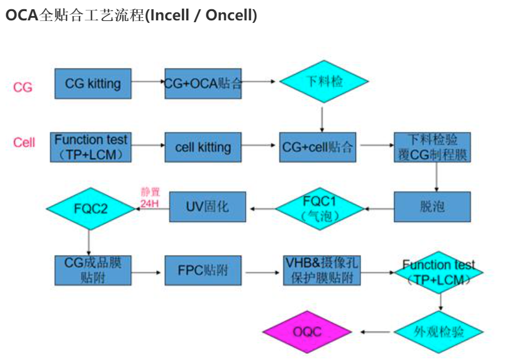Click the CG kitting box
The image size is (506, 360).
(x=93, y=83)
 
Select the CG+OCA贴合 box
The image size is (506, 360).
(x=203, y=83)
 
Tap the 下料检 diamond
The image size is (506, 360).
(x=323, y=81)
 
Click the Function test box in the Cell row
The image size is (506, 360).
(x=91, y=147)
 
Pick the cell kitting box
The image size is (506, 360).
(x=203, y=147)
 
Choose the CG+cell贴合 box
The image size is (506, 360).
(x=318, y=147)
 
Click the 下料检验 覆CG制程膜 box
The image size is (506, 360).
(x=432, y=147)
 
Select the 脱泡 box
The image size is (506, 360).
(x=432, y=206)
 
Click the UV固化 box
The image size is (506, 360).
(x=207, y=206)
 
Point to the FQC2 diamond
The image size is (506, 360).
(x=91, y=209)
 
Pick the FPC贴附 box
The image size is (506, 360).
(x=203, y=270)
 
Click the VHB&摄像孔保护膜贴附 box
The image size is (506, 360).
(x=321, y=270)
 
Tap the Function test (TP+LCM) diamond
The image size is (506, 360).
(x=439, y=272)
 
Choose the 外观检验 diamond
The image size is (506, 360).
(x=439, y=332)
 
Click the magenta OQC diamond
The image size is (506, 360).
(x=307, y=332)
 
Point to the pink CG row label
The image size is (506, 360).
(x=23, y=87)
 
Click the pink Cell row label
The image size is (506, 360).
(x=24, y=143)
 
